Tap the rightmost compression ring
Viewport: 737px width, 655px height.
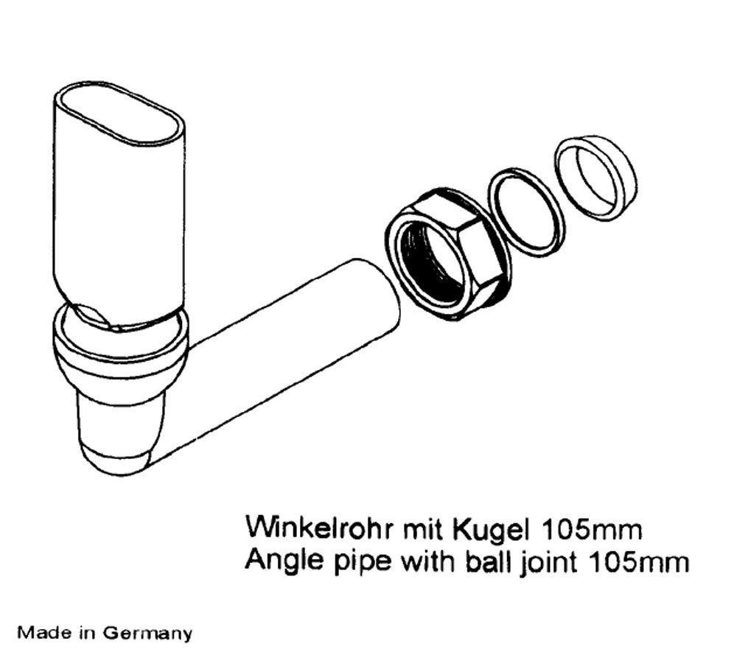595,177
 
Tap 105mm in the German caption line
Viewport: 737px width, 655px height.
593,529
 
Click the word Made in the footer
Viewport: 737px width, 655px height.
36,632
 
